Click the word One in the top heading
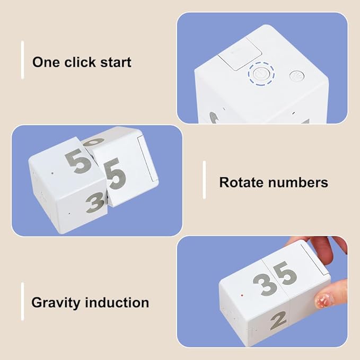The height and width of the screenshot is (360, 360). tap(46, 62)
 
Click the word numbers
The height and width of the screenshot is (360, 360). tap(298, 183)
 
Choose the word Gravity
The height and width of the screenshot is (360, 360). tap(55, 303)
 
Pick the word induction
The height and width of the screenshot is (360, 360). tap(117, 302)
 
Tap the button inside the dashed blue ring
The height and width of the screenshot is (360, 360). tap(261, 74)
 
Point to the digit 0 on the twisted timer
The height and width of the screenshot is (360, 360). tap(94, 142)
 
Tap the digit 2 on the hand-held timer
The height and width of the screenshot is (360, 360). tap(278, 321)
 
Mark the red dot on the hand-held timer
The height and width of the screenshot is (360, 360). tap(242, 295)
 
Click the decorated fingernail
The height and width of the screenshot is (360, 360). tap(323, 298)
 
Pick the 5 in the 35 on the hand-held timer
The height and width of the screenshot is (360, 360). tap(285, 274)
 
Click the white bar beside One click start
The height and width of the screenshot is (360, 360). tap(22, 60)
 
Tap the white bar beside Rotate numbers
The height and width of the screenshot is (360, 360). tap(204, 180)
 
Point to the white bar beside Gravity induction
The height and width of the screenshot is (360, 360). tap(22, 302)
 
